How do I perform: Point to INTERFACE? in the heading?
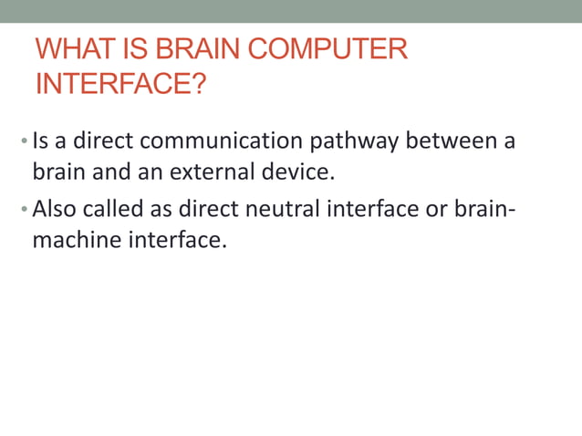pyautogui.click(x=120, y=84)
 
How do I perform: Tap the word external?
pyautogui.click(x=205, y=171)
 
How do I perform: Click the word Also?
pyautogui.click(x=53, y=210)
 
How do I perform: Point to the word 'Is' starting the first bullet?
pyautogui.click(x=40, y=142)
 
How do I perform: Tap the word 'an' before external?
pyautogui.click(x=147, y=171)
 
